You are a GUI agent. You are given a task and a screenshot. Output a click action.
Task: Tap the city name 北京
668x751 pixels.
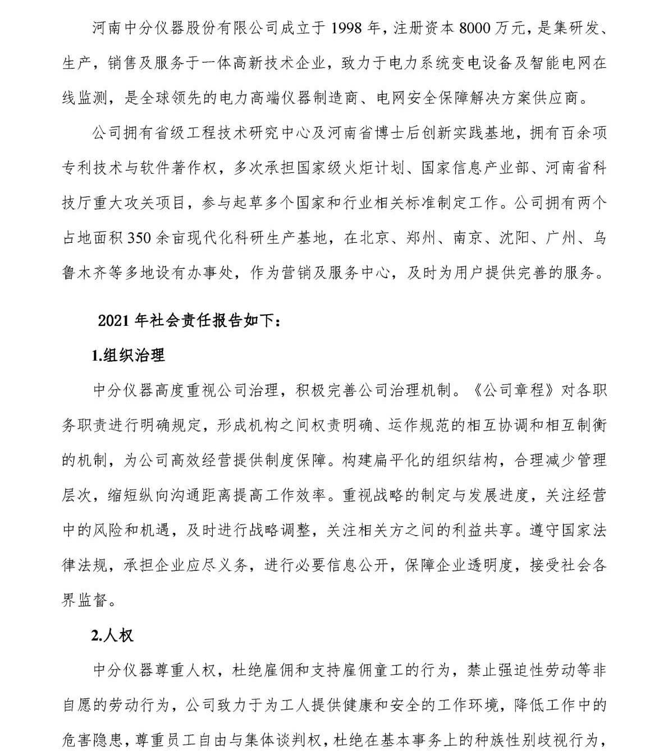coord(375,238)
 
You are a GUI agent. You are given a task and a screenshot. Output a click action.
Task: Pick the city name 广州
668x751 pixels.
coord(561,238)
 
